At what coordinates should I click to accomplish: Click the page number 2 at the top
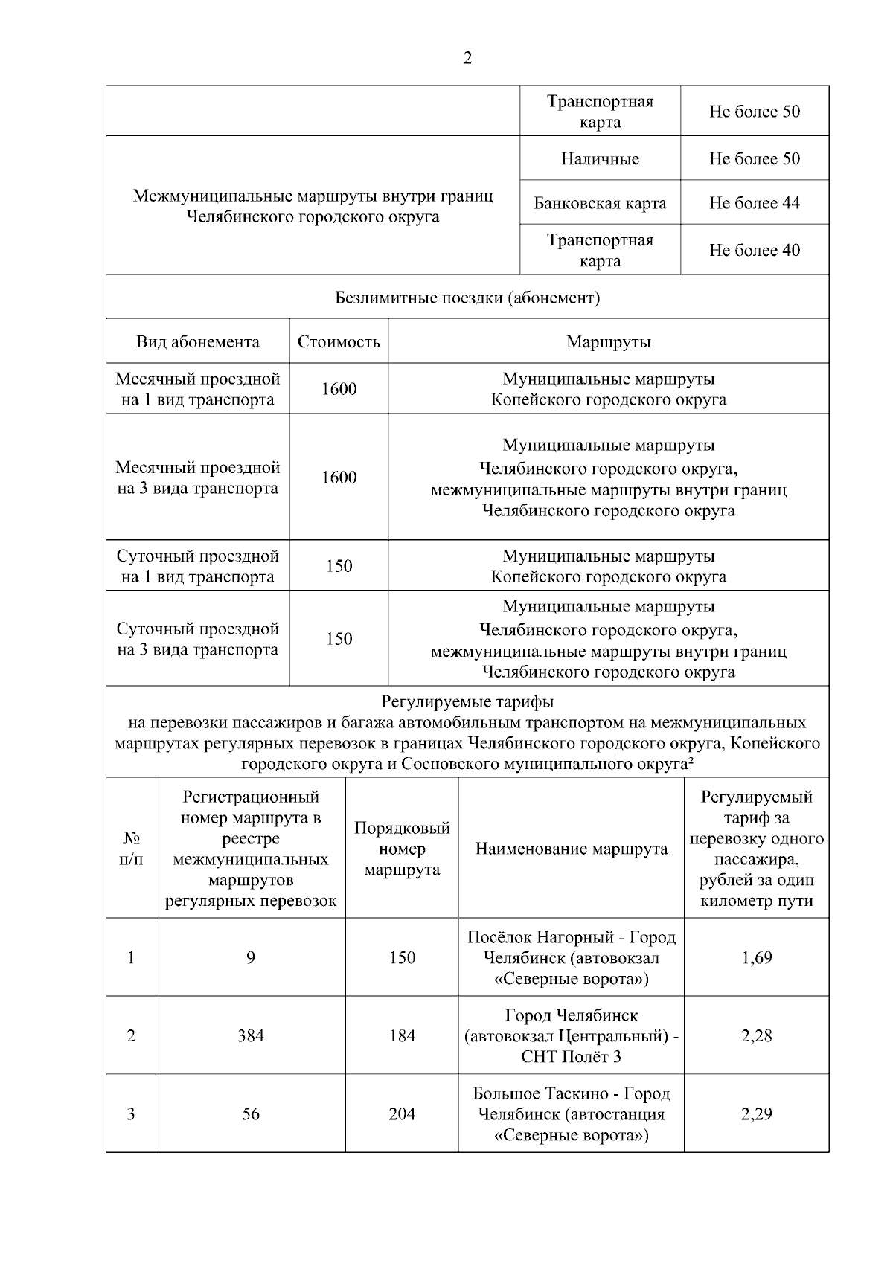point(467,59)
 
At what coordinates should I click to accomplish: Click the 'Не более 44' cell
point(755,203)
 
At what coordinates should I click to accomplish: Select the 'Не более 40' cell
point(755,250)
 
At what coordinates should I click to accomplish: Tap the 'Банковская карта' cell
point(600,203)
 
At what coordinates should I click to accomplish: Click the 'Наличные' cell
point(600,158)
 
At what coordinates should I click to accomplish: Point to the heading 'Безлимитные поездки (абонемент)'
point(467,298)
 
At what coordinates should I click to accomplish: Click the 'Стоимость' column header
point(339,341)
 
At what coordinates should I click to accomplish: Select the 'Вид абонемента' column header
point(197,341)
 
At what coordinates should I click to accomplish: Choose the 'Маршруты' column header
point(608,341)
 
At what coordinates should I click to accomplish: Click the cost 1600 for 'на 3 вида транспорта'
point(339,478)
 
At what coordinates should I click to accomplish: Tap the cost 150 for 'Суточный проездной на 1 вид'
point(339,566)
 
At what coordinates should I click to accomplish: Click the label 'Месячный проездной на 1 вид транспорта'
point(197,389)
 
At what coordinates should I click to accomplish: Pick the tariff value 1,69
point(756,957)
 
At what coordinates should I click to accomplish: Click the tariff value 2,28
point(756,1035)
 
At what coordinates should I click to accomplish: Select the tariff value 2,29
point(756,1113)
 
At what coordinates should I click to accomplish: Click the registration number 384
point(251,1035)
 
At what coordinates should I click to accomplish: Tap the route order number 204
point(402,1113)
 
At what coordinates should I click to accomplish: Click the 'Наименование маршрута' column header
point(571,849)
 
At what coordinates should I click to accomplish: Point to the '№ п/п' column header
point(131,849)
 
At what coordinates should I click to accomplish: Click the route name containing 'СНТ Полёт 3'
point(571,1035)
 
